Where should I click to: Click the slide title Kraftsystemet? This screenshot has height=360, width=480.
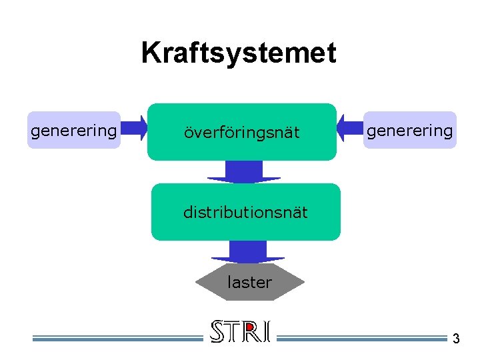click(239, 53)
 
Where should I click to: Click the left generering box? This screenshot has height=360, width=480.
click(73, 130)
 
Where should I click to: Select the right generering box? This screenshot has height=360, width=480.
click(409, 130)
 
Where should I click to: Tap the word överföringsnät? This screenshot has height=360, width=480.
click(242, 133)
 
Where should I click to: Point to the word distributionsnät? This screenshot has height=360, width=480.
click(245, 213)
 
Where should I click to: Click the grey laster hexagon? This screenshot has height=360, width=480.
click(249, 283)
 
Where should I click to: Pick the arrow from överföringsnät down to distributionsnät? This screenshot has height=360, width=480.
click(244, 172)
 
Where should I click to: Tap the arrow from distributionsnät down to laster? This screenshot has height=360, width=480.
click(248, 252)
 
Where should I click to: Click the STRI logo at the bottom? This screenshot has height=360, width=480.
click(240, 331)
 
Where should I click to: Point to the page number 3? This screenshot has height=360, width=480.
click(456, 339)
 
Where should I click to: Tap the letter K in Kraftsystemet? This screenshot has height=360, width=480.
click(151, 53)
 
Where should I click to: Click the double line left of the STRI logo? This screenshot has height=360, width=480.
click(117, 338)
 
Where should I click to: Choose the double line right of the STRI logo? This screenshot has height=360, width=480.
click(360, 338)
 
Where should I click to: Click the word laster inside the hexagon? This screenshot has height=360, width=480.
click(249, 283)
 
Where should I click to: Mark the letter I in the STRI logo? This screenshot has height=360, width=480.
click(266, 331)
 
